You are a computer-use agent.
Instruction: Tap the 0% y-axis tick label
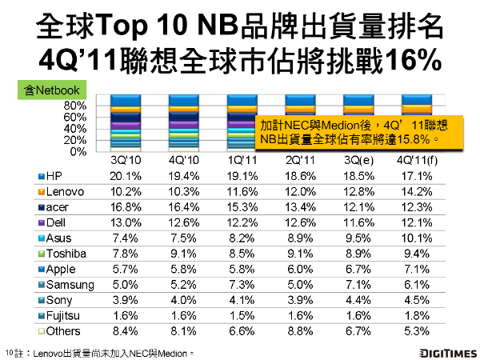pos(78,151)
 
